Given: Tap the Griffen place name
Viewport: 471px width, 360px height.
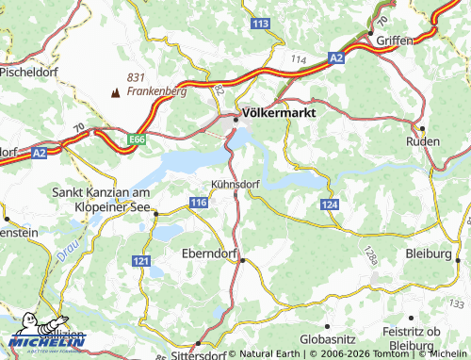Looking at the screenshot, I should (396, 41).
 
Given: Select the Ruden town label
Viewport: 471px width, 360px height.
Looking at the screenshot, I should (422, 140).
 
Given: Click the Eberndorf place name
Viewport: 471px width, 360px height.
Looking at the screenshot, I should (209, 253).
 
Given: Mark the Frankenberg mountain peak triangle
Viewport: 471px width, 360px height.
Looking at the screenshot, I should (116, 92).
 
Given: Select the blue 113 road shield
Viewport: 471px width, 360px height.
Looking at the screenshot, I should (261, 23).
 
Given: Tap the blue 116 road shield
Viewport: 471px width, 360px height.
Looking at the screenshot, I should (198, 203).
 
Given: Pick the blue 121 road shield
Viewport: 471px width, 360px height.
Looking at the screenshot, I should (142, 259).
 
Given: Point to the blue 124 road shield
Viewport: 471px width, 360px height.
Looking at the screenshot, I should (328, 205).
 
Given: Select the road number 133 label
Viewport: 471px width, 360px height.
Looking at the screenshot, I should (457, 303).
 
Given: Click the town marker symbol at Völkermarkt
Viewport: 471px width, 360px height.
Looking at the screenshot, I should (235, 118).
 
